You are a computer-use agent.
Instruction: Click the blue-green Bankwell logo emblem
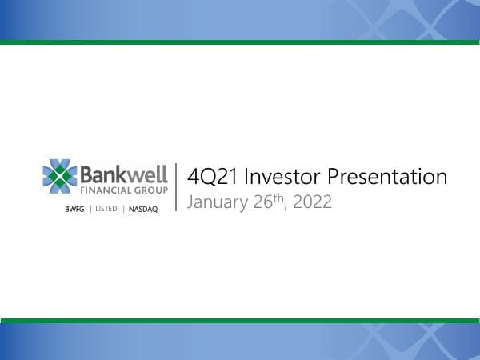60,177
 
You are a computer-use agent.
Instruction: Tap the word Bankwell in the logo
124,174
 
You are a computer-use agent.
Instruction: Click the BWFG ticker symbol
75,209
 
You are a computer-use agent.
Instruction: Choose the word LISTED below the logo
106,209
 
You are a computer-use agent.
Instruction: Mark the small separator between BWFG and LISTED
90,209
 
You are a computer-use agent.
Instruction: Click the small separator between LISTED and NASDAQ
122,209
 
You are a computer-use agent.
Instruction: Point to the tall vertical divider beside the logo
176,187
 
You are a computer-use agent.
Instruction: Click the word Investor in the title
276,176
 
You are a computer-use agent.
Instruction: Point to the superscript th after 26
278,197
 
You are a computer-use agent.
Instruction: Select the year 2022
312,202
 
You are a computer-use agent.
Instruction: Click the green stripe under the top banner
240,42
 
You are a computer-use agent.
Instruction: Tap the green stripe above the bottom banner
240,320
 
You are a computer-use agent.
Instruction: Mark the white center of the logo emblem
60,177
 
